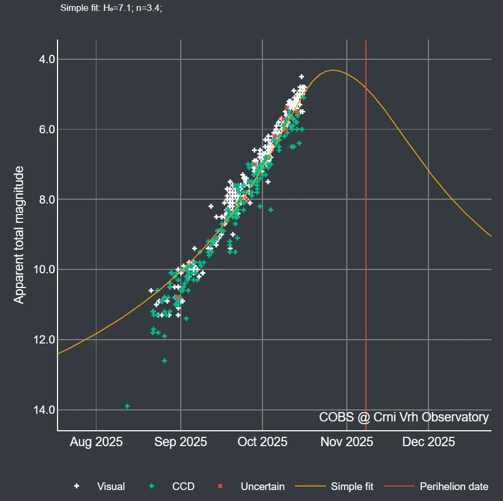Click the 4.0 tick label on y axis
point(41,59)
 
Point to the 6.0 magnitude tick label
point(41,130)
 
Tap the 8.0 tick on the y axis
point(41,200)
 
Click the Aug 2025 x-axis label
point(96,442)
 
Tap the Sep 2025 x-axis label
point(180,442)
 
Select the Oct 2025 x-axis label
point(262,442)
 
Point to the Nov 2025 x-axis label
point(347,442)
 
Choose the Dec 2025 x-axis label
point(428,442)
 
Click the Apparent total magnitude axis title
point(19,234)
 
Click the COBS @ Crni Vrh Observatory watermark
point(404,417)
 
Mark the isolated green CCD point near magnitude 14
point(127,406)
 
